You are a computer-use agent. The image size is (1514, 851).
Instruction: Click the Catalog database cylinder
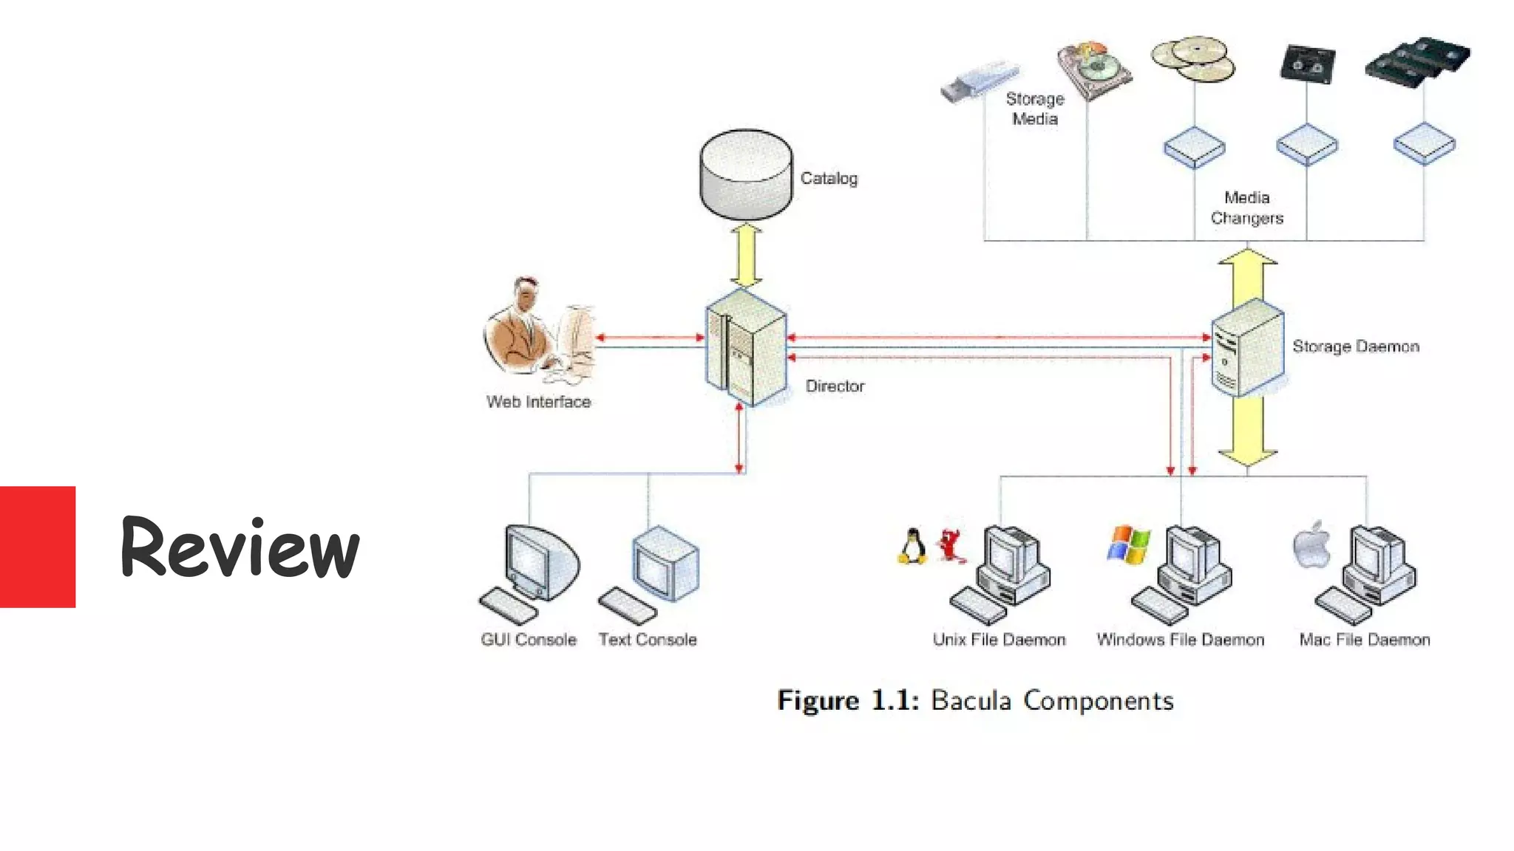click(x=745, y=174)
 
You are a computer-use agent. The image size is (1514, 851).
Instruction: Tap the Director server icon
click(x=745, y=347)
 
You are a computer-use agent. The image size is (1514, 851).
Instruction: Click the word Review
click(x=240, y=547)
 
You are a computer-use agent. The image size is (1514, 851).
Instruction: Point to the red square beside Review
click(x=37, y=547)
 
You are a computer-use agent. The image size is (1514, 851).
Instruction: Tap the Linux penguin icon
click(x=913, y=547)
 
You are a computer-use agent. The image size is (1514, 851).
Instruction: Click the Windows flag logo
click(x=1128, y=545)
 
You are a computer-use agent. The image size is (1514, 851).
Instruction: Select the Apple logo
click(x=1312, y=546)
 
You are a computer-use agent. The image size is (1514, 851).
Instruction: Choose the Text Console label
click(x=648, y=640)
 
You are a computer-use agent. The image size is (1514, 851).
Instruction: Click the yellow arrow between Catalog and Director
click(x=746, y=256)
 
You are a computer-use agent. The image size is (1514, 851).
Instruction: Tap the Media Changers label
click(x=1246, y=208)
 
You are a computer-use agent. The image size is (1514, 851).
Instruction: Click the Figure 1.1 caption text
click(x=975, y=700)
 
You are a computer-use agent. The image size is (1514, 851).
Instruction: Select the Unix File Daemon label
click(x=999, y=640)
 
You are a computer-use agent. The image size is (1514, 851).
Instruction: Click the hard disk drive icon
click(x=1093, y=70)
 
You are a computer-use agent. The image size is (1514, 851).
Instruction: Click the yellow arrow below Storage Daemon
click(x=1247, y=432)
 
